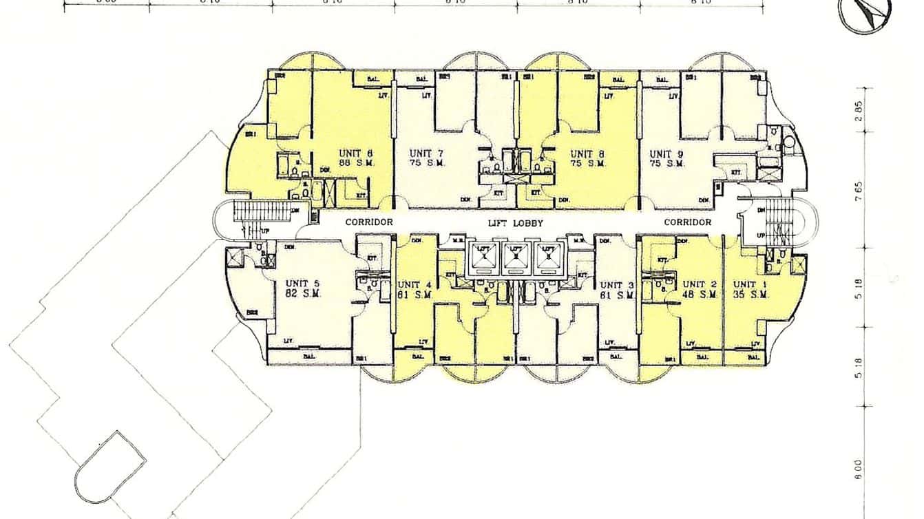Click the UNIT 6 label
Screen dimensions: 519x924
(356, 153)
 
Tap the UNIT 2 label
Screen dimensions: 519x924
(700, 284)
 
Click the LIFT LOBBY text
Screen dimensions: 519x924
(516, 223)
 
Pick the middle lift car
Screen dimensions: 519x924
(516, 256)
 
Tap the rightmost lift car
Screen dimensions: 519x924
(549, 256)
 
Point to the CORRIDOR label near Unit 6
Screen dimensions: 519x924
(369, 222)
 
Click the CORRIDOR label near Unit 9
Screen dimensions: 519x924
(687, 222)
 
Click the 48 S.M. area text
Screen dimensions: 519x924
(700, 294)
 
